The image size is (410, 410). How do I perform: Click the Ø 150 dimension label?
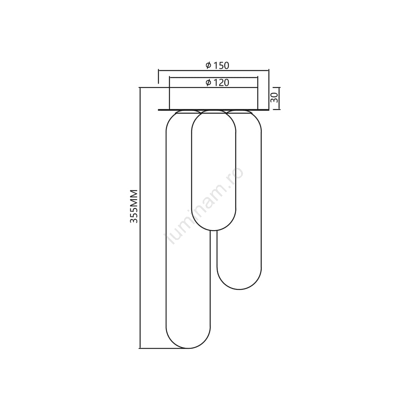click(217, 65)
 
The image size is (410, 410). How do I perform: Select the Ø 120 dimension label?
click(217, 82)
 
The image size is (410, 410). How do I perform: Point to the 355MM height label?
click(134, 206)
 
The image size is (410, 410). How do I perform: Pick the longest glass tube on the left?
click(167, 230)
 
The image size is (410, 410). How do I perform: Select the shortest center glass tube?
click(192, 170)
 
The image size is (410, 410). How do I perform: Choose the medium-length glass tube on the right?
click(261, 199)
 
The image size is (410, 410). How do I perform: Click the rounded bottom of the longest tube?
click(188, 348)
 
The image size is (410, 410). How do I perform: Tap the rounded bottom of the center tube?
click(214, 231)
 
